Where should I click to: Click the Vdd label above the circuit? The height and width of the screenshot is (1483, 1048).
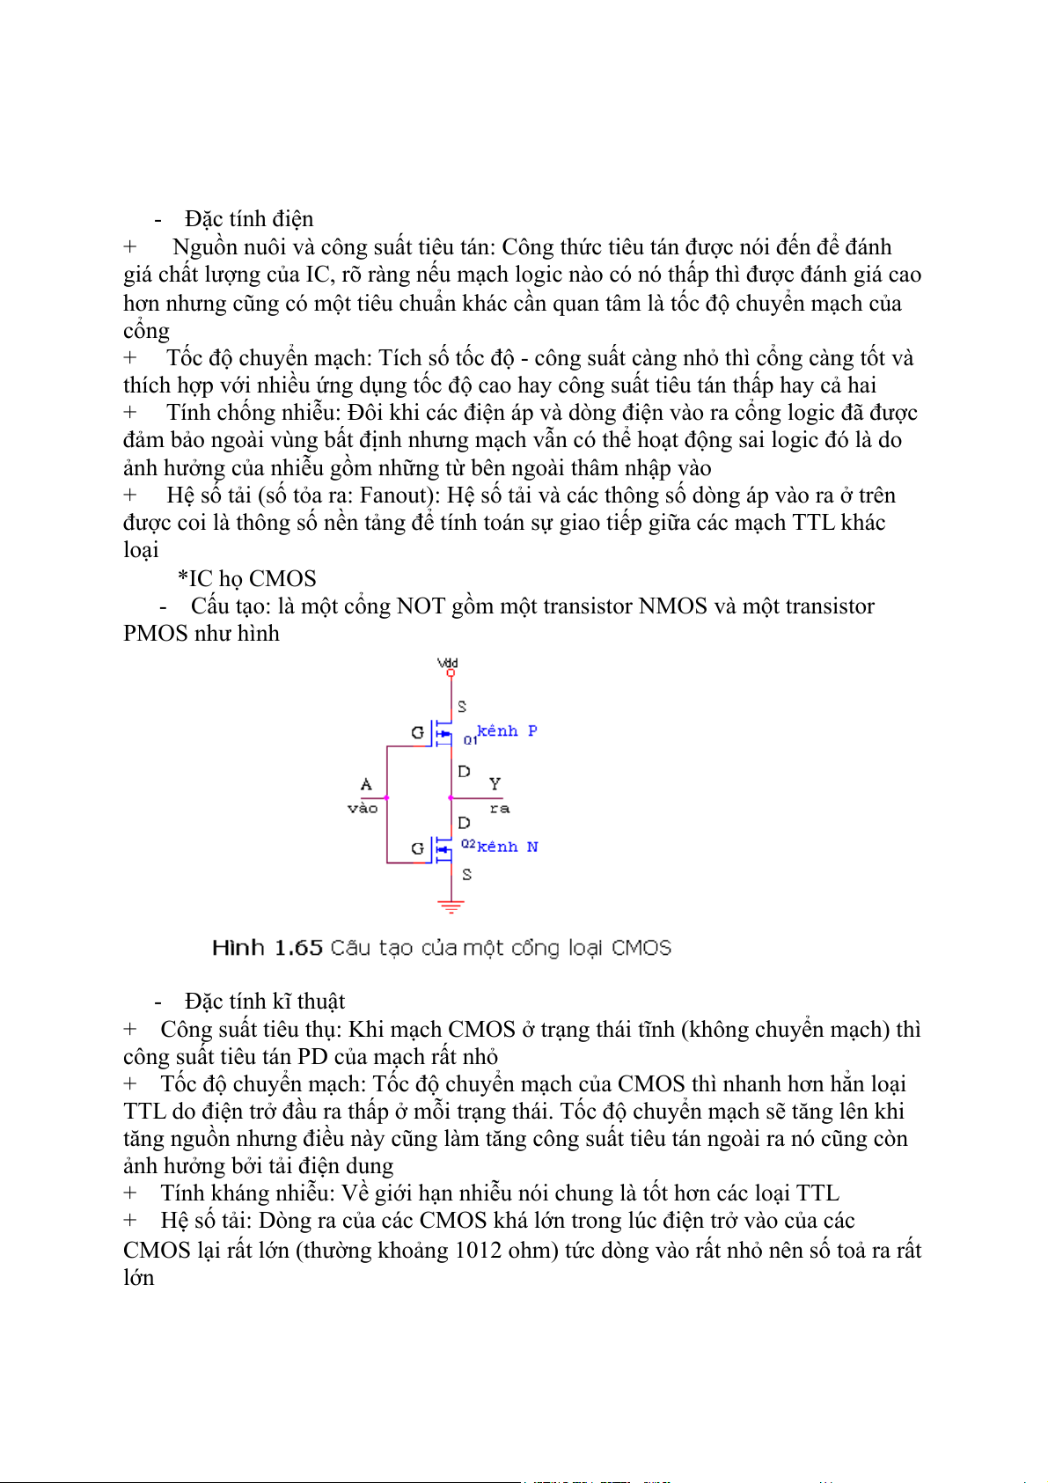[x=448, y=663]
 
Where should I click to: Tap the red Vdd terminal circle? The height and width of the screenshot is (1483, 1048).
[x=451, y=673]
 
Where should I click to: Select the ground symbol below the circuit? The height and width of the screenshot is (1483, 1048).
[x=451, y=906]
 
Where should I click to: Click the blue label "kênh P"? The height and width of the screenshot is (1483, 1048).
[x=507, y=730]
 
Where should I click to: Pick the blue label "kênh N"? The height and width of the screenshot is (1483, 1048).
[x=508, y=847]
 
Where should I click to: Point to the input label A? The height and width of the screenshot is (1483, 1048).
[x=366, y=783]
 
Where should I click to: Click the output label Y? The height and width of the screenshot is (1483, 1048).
[x=495, y=782]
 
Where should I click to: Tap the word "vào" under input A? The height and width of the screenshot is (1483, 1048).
[x=363, y=808]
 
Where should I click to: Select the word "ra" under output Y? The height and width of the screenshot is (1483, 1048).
[x=499, y=808]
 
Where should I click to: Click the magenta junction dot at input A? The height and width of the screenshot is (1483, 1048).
[x=387, y=798]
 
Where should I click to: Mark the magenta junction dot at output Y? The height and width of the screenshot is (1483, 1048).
[x=451, y=798]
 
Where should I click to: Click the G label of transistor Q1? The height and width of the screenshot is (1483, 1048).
[x=417, y=732]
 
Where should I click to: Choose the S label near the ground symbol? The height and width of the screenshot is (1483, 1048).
[x=466, y=874]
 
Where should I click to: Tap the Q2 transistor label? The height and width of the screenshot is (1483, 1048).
[x=468, y=844]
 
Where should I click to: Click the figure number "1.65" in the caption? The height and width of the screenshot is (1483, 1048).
[x=298, y=948]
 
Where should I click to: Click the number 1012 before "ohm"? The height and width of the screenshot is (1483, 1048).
[x=483, y=1251]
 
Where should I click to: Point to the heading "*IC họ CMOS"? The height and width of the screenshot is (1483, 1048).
[x=246, y=578]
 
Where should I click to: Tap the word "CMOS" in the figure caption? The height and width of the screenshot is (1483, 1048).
[x=641, y=948]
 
